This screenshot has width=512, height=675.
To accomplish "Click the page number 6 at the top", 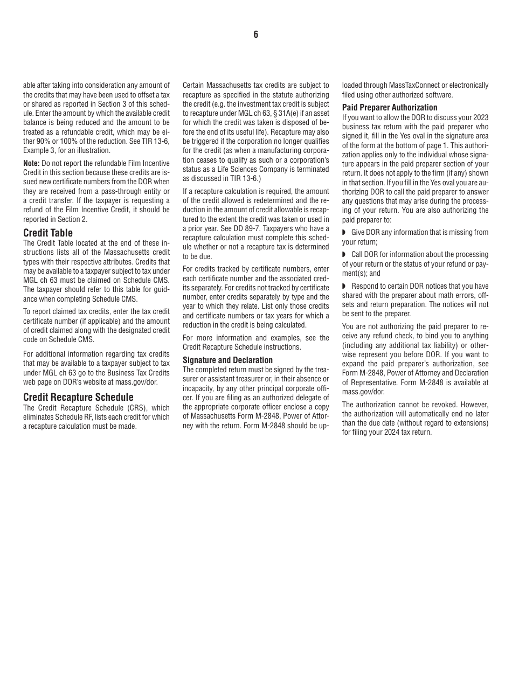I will (255, 34).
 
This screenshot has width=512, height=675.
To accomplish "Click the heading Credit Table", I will (48, 233).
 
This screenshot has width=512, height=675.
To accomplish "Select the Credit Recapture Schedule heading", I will (78, 397).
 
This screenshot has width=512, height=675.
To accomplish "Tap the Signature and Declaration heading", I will (227, 360).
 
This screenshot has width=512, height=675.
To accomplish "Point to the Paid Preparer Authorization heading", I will (390, 107).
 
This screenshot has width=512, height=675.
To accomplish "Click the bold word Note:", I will (31, 163).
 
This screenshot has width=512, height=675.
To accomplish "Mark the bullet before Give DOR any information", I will (344, 233).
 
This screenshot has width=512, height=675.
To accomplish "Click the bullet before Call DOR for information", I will (344, 255).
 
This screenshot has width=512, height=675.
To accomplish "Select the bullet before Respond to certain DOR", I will (344, 287).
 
